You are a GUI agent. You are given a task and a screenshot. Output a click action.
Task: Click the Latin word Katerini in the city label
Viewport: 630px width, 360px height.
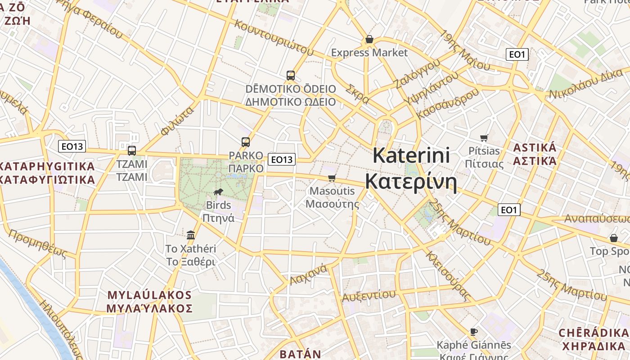coord(411,156)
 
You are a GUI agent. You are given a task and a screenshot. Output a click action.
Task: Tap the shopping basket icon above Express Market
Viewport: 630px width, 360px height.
coord(369,40)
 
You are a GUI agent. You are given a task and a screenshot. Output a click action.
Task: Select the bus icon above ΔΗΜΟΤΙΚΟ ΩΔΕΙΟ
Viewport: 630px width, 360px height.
coord(291,75)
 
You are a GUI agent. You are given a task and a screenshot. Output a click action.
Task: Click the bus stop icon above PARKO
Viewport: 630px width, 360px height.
coord(245,142)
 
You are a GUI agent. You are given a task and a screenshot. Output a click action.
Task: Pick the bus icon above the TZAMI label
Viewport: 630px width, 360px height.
coord(132,150)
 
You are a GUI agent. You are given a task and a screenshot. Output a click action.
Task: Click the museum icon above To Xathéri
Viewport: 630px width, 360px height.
coord(191,234)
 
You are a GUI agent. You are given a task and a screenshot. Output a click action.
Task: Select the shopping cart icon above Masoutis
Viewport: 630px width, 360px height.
coord(332,178)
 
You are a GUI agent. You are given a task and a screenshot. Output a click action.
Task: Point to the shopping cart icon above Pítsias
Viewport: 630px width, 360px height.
coord(484,138)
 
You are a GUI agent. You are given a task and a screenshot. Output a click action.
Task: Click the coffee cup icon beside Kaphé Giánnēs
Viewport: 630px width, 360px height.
coord(474,332)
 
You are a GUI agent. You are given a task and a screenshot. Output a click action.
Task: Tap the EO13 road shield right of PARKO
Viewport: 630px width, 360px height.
coord(282,159)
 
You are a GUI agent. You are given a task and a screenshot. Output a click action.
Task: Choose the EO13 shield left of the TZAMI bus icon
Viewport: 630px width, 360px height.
coord(72,146)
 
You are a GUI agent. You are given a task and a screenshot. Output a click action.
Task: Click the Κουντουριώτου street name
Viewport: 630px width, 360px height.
coord(273,37)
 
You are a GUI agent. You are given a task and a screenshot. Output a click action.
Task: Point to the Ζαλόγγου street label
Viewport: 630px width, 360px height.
coord(416,74)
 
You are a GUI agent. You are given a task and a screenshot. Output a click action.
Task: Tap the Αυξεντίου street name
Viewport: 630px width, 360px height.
coord(369,295)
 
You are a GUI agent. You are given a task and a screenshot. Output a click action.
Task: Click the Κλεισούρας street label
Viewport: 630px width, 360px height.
coord(448,275)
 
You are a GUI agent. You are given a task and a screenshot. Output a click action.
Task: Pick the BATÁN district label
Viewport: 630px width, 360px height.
coord(301,354)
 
